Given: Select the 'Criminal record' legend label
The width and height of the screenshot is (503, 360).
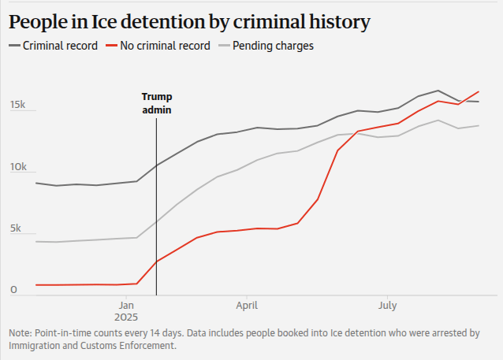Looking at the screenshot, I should (x=61, y=46).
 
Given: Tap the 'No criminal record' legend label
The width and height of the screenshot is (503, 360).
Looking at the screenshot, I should (x=165, y=46).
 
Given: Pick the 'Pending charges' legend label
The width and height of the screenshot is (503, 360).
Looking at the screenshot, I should (x=273, y=46).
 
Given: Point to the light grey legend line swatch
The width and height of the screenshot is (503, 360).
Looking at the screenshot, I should (x=223, y=46).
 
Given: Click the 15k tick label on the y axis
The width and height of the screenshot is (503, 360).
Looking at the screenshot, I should (x=18, y=105).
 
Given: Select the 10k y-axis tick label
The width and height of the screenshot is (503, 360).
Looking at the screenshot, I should (x=18, y=167).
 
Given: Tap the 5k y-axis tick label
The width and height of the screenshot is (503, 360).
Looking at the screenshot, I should (x=16, y=228).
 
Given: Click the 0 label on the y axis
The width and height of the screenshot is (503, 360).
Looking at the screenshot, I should (x=13, y=290).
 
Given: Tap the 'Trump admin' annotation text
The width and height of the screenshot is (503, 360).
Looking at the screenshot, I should (x=156, y=103).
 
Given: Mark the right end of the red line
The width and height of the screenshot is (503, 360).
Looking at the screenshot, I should (x=479, y=91).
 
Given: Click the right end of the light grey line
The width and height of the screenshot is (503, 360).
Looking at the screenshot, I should (x=479, y=125).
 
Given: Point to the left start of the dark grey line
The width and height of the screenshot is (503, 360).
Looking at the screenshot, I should (x=36, y=183).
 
